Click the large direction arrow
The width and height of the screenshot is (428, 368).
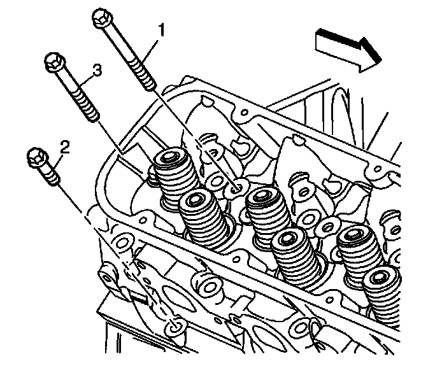coord(347,49)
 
